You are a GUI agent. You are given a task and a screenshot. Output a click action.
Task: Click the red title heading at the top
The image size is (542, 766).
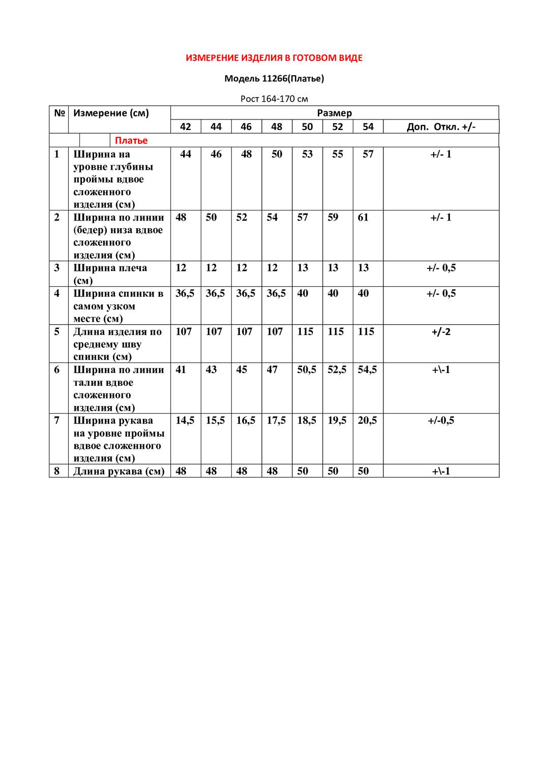pos(274,58)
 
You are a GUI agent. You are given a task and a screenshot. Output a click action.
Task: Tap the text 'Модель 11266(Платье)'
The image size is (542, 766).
pos(274,78)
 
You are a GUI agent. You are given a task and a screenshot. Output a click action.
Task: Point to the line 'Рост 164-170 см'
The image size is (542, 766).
pos(274,99)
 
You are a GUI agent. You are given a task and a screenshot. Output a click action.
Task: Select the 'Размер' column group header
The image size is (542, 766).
pos(334,113)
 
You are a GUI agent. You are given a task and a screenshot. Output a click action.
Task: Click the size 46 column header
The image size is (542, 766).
pos(246,127)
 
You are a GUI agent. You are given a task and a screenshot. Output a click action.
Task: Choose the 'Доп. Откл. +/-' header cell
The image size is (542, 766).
pos(441,127)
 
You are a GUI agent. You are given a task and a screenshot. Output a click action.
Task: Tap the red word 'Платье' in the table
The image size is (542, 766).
pos(131,140)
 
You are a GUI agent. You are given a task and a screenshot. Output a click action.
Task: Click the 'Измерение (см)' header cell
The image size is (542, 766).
pos(111,113)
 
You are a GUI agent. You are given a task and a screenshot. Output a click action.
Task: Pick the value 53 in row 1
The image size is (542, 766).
pos(307,154)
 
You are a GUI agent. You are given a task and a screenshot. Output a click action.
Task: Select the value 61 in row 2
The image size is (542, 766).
pos(363,218)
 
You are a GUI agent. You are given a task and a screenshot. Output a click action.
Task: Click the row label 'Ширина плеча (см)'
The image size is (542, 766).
pos(110,274)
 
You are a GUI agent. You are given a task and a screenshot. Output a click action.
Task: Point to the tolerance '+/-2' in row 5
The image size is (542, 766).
pos(441,332)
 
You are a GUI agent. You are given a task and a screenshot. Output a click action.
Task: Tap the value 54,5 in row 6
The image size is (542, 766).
pos(367,370)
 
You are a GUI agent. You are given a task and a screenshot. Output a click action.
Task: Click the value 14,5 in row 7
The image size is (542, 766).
pos(185,420)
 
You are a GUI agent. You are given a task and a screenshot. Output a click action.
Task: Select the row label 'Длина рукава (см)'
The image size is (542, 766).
pos(119,471)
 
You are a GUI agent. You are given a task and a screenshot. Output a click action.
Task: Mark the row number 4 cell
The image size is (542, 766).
pos(57,293)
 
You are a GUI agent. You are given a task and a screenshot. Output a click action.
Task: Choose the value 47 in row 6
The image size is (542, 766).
pos(272,370)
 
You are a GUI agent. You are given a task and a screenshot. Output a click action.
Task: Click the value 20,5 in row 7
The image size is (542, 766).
pos(367,420)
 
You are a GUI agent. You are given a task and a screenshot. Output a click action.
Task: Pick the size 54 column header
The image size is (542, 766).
pos(368,127)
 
